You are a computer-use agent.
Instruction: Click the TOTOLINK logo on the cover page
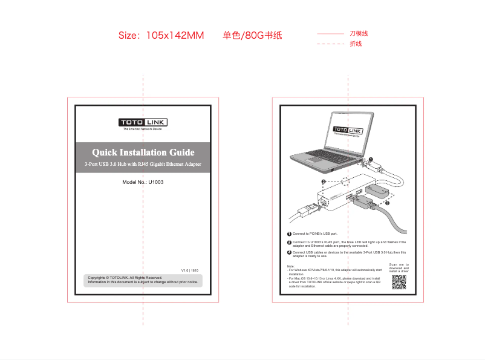143,123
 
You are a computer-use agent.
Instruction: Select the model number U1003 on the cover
156,182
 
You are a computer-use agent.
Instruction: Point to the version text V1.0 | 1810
190,270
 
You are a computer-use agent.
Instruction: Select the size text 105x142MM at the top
175,36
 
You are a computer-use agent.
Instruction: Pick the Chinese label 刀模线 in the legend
359,34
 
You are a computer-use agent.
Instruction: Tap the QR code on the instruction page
399,282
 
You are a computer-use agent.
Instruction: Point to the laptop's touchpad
314,159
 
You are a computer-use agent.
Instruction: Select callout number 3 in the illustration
387,203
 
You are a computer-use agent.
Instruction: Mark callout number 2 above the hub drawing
324,182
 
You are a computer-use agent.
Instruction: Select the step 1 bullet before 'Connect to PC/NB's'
289,234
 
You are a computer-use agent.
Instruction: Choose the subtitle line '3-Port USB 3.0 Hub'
143,164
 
